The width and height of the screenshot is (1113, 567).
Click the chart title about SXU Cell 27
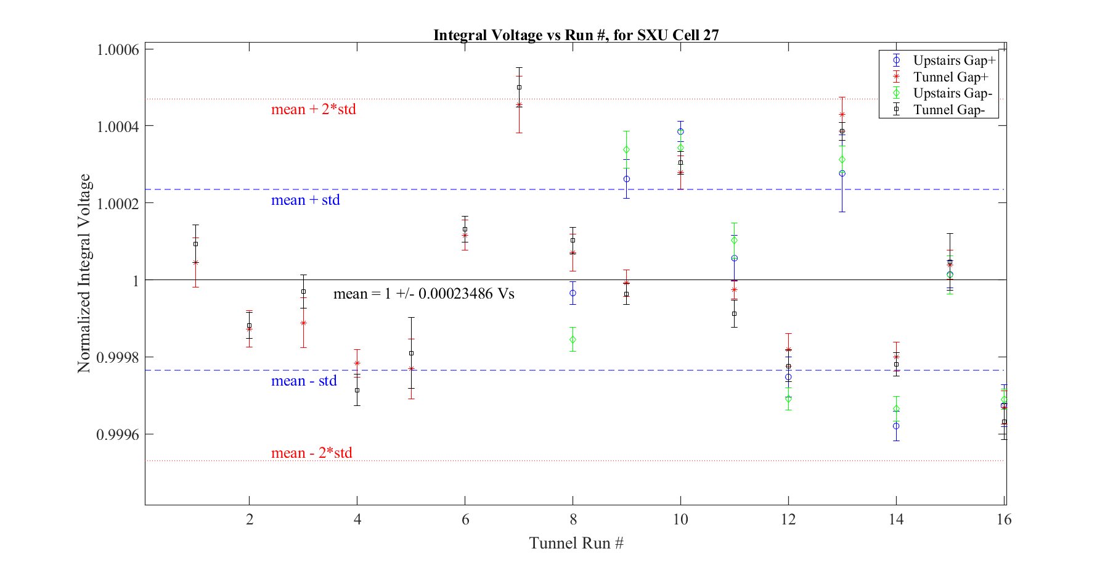(576, 35)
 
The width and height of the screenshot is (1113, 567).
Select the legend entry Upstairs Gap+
(954, 60)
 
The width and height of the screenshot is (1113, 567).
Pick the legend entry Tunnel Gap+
(950, 77)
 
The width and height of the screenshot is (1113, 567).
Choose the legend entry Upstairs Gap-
(953, 93)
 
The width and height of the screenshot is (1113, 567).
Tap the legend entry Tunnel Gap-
(949, 110)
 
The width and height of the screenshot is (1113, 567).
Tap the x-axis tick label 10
(680, 519)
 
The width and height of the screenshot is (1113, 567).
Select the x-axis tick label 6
(465, 519)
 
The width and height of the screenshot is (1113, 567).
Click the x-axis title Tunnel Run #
(576, 543)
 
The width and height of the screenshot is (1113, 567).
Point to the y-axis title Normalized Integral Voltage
(84, 273)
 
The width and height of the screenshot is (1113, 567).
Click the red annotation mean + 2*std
(314, 109)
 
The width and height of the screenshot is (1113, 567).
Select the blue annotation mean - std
(304, 381)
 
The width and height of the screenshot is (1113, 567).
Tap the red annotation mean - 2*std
(312, 453)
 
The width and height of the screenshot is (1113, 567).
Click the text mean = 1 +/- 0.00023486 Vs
(424, 294)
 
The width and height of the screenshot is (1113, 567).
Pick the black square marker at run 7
(519, 87)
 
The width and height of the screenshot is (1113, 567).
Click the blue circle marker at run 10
(680, 131)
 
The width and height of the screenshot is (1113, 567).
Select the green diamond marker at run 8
(573, 340)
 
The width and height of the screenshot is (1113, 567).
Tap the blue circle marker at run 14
(896, 426)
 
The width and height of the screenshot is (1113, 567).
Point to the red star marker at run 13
(842, 115)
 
